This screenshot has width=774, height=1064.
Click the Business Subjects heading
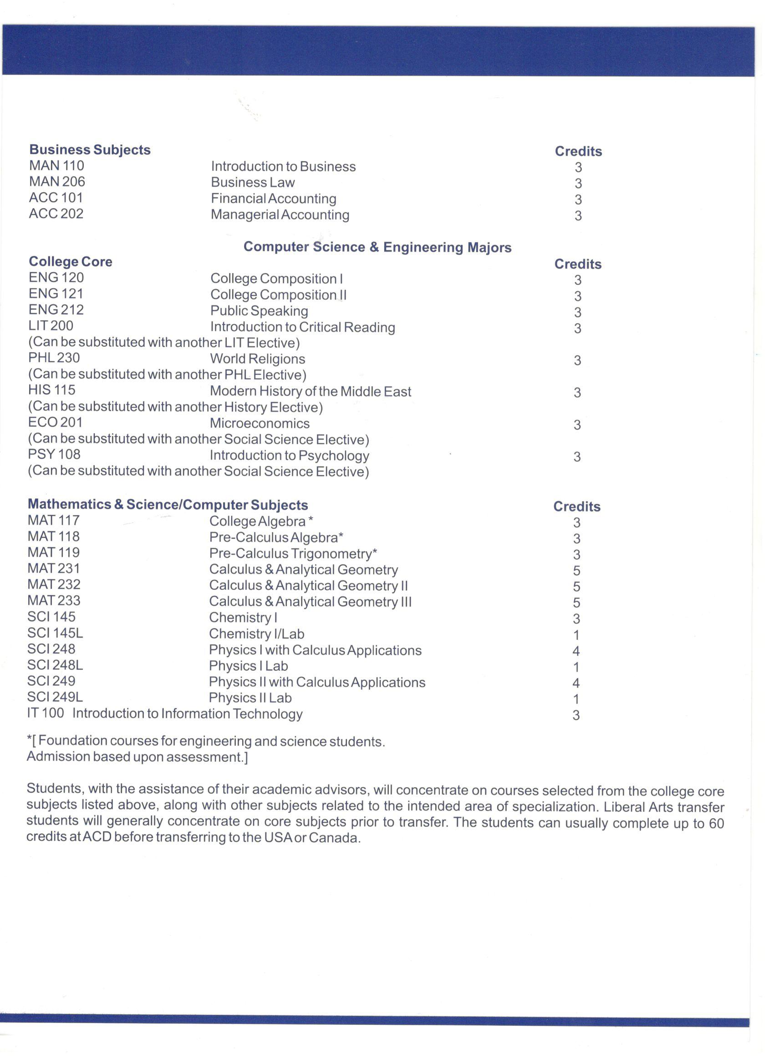pyautogui.click(x=90, y=150)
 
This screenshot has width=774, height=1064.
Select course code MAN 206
pyautogui.click(x=57, y=182)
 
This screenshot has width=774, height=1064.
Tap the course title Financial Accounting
pyautogui.click(x=273, y=198)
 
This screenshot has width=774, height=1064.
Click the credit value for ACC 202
pyautogui.click(x=578, y=216)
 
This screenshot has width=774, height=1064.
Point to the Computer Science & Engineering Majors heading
pyautogui.click(x=377, y=247)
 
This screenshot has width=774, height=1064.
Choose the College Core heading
pyautogui.click(x=71, y=262)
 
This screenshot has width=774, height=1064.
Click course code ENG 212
pyautogui.click(x=56, y=309)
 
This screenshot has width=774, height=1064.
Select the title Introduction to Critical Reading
pyautogui.click(x=302, y=327)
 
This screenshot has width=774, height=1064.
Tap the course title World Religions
pyautogui.click(x=257, y=359)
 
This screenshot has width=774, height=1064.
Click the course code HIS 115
pyautogui.click(x=51, y=390)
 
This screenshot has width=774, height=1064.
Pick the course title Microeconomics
pyautogui.click(x=260, y=423)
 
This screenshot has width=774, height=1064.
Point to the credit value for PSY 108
pyautogui.click(x=577, y=456)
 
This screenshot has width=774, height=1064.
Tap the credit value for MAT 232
pyautogui.click(x=576, y=587)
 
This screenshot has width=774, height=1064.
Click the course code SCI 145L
pyautogui.click(x=55, y=633)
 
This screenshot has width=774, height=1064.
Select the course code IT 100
pyautogui.click(x=46, y=713)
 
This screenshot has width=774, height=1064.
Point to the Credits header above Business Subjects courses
pyautogui.click(x=578, y=151)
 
